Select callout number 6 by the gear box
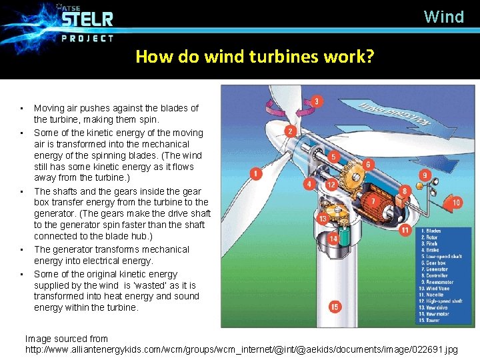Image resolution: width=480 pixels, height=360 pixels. [x=368, y=164]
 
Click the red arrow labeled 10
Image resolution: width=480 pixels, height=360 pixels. [x=455, y=202]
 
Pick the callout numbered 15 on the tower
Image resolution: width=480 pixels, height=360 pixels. [x=335, y=307]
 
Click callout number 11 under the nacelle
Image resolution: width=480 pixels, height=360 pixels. [x=404, y=231]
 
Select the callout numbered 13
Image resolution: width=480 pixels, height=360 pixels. [x=323, y=218]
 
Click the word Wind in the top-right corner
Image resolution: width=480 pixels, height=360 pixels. [x=444, y=17]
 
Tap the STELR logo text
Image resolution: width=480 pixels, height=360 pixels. [x=87, y=19]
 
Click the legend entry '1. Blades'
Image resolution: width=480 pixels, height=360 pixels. [x=432, y=231]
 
